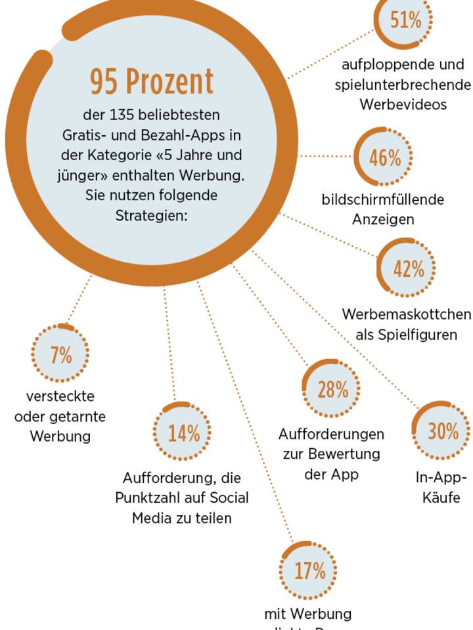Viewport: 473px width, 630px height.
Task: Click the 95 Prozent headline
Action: point(152,81)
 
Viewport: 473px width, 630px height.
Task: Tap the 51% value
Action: point(405,20)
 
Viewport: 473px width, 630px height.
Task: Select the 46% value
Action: point(384,157)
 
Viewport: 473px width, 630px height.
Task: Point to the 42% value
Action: point(409,268)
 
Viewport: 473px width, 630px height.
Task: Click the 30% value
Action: point(443,431)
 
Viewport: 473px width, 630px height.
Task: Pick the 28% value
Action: point(332,389)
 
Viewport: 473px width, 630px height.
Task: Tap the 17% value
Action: point(309,570)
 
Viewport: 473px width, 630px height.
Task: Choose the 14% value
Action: point(183,433)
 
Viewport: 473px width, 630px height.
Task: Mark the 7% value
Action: point(61,355)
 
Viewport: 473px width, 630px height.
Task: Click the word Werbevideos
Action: point(403,105)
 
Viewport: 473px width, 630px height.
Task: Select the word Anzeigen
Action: point(383,220)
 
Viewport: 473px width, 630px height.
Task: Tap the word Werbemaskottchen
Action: point(406,314)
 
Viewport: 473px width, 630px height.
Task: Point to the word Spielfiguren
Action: point(406,335)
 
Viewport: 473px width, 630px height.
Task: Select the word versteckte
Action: point(60,396)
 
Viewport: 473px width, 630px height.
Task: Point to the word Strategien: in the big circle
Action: point(152,215)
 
